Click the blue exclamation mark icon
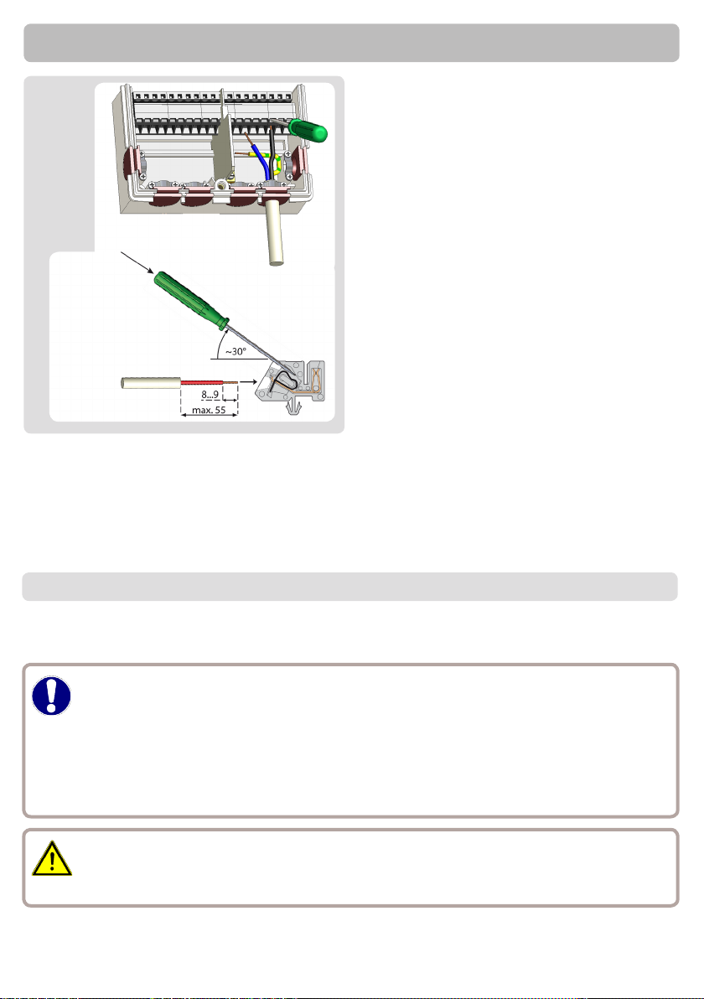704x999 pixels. [52, 695]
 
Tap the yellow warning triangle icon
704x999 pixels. [52, 859]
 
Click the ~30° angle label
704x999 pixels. [236, 352]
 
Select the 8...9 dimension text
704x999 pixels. [210, 395]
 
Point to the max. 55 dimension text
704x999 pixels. [209, 410]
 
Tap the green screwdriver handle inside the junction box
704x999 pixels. [308, 129]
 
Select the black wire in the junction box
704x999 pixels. [275, 153]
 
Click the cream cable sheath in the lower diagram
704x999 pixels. [151, 383]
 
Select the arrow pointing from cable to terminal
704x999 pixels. [247, 383]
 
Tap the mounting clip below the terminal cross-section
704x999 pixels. [294, 408]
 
